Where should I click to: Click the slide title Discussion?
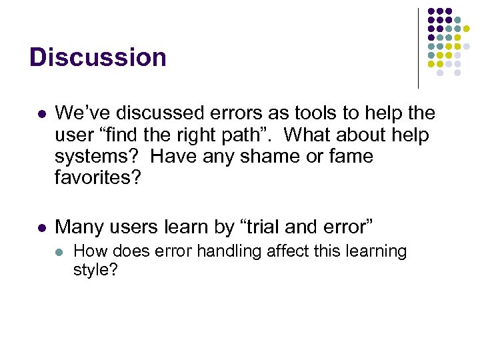point(97,57)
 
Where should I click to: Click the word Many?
point(79,227)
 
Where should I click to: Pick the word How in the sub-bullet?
point(87,251)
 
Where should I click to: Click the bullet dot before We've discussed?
point(42,114)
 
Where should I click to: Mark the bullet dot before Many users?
point(42,228)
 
